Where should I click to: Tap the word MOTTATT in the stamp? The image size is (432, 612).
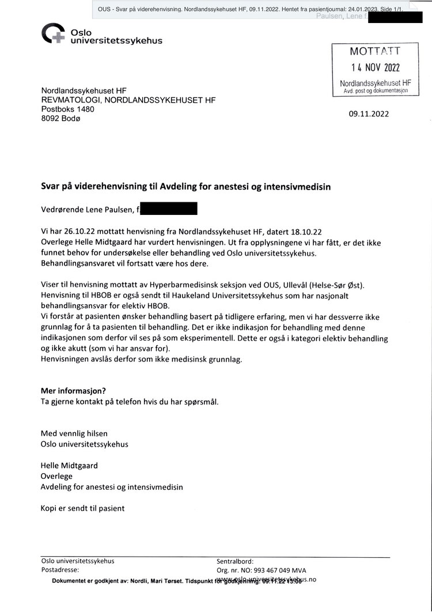374,51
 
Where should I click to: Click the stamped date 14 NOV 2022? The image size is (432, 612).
375,67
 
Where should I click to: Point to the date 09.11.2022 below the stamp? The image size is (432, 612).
369,114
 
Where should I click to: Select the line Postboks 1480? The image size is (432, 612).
67,109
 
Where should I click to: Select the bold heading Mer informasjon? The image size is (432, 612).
73,391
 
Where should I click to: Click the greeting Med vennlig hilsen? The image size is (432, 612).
74,433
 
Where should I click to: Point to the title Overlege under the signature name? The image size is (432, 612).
56,476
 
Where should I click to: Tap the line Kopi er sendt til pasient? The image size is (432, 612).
82,508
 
